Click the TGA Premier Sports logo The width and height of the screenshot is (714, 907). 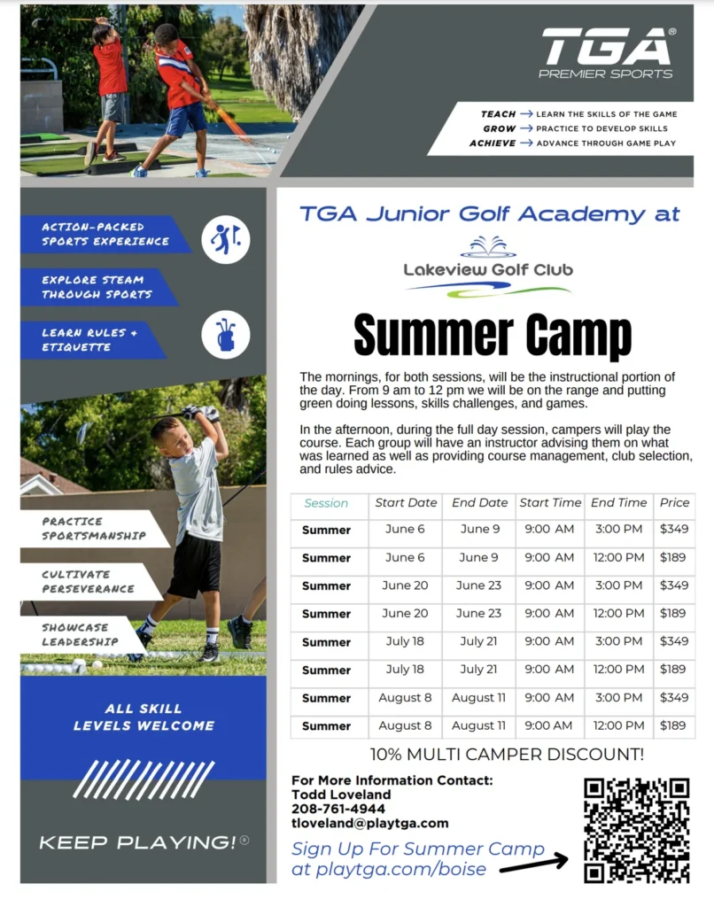click(607, 52)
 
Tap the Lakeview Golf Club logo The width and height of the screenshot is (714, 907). click(488, 267)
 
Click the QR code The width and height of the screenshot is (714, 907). click(637, 830)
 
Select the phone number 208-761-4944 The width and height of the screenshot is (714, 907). click(338, 809)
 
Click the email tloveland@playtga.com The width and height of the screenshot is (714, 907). click(370, 823)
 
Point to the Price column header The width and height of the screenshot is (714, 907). click(674, 502)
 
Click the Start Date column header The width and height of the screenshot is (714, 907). click(406, 502)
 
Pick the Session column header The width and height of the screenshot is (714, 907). click(326, 503)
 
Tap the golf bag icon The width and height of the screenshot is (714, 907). click(225, 335)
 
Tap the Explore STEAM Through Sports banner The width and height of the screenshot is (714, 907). click(97, 287)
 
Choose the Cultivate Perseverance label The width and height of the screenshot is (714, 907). click(88, 581)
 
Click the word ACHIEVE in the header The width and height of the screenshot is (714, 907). click(493, 143)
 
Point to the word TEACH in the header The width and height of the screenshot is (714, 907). click(498, 114)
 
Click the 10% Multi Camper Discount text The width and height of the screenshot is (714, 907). click(507, 755)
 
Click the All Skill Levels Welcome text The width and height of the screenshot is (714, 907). click(144, 717)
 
